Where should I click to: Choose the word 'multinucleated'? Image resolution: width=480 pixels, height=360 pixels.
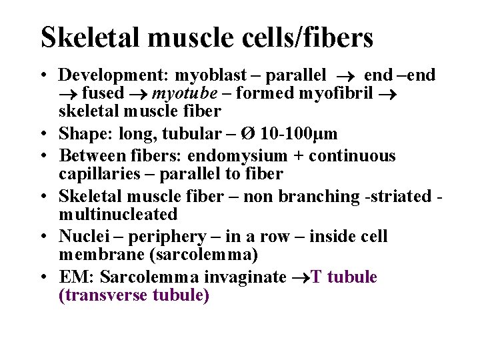(118, 214)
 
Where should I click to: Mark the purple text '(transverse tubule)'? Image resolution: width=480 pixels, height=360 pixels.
(134, 295)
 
